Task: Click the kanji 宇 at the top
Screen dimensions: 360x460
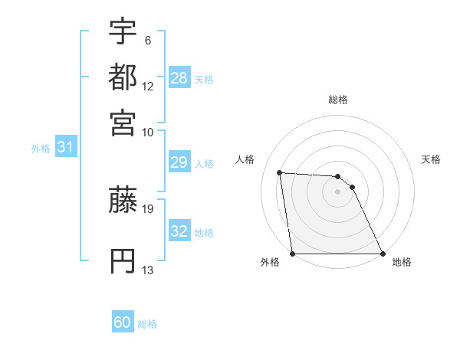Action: pos(123,31)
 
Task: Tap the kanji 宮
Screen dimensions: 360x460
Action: pos(123,122)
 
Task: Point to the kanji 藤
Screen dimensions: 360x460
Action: pos(123,200)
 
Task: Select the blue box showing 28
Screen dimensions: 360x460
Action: pos(179,78)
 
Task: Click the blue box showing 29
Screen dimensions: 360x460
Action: pos(179,162)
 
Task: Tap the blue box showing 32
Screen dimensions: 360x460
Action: pos(179,231)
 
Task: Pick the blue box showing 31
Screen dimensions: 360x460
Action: pos(65,148)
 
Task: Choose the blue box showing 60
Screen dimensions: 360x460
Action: pos(123,322)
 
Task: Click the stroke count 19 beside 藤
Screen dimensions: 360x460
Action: pos(148,208)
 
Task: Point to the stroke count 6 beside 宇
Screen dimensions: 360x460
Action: pos(147,39)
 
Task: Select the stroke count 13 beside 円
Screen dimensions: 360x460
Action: pos(148,270)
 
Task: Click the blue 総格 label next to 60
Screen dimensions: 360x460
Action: pos(147,324)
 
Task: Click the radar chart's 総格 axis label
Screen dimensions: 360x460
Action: pos(338,100)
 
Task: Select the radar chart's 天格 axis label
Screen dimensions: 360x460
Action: pos(432,159)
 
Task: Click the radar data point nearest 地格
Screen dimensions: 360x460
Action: pos(383,254)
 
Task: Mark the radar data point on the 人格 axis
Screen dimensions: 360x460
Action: pos(280,172)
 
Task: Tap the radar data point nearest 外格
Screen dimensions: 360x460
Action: pos(293,254)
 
